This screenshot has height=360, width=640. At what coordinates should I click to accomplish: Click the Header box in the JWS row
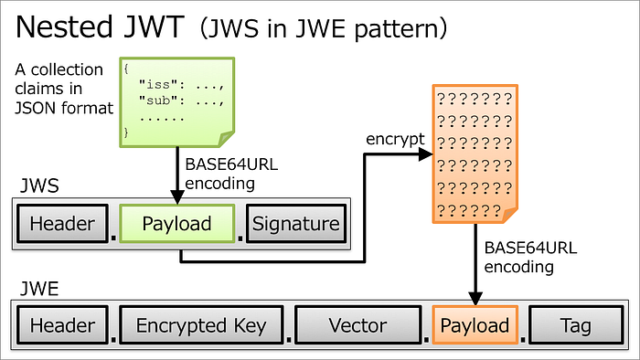click(62, 224)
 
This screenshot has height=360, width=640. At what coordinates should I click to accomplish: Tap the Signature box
click(295, 224)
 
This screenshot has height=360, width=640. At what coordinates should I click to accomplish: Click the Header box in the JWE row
click(62, 325)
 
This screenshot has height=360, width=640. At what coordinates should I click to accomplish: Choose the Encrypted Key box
click(200, 325)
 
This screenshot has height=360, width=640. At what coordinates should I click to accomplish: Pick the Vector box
click(357, 325)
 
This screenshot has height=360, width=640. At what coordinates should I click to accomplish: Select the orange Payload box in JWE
click(474, 325)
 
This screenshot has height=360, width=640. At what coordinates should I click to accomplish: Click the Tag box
click(576, 325)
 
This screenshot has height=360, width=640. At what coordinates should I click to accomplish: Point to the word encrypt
click(394, 139)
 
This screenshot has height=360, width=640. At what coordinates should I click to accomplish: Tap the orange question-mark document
click(474, 154)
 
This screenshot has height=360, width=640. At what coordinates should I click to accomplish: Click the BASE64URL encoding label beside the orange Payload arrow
click(518, 257)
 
